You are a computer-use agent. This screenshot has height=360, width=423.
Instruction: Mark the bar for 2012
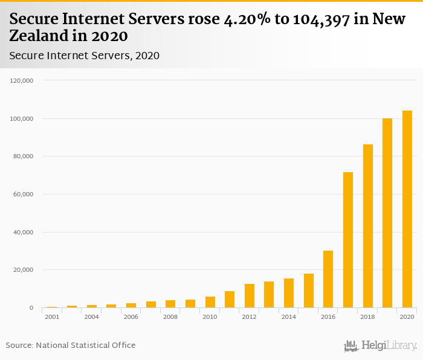(x=249, y=296)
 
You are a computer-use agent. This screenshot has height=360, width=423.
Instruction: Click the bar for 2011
(x=230, y=300)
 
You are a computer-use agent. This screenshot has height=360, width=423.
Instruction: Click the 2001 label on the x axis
(x=52, y=317)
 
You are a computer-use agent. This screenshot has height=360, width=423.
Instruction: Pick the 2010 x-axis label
(x=210, y=317)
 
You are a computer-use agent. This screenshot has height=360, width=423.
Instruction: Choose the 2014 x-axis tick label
(x=289, y=317)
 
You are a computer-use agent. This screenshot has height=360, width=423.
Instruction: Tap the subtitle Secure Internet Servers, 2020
(x=85, y=56)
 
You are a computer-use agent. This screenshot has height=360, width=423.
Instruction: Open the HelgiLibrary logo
(x=381, y=346)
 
